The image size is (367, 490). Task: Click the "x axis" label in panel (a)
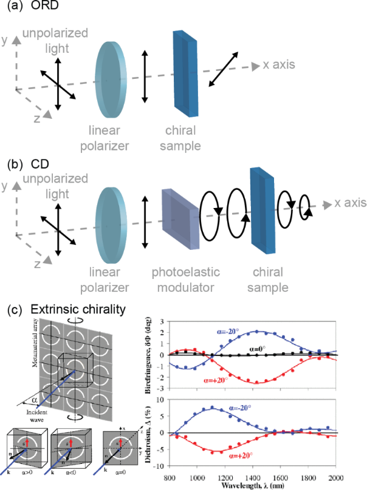click(284, 64)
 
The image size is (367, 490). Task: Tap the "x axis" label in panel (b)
click(347, 202)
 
